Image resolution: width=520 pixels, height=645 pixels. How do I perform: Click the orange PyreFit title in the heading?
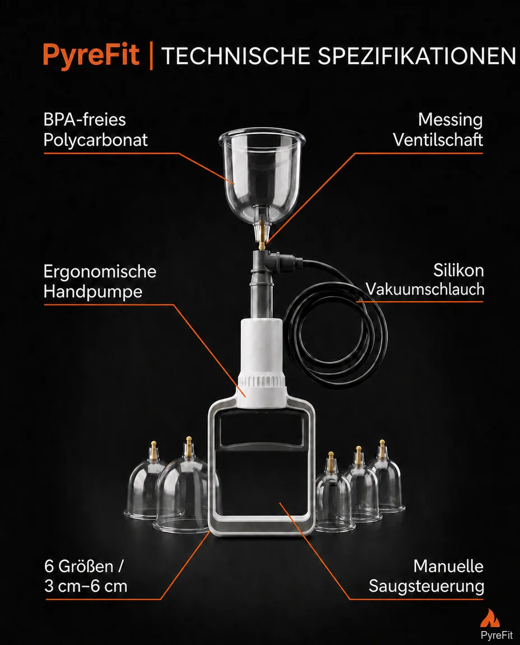click(x=91, y=55)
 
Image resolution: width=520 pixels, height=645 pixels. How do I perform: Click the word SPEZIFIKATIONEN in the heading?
click(x=417, y=56)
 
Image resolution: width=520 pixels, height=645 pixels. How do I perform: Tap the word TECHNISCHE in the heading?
click(x=235, y=56)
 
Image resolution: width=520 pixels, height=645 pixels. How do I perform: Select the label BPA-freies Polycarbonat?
click(x=95, y=130)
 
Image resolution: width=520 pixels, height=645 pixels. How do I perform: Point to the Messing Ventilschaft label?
click(x=438, y=130)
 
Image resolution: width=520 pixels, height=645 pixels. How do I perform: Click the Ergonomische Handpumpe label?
click(x=100, y=282)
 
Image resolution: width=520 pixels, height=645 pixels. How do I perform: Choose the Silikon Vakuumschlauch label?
click(x=425, y=280)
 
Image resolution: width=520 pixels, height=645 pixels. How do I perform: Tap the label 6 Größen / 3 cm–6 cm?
click(x=86, y=576)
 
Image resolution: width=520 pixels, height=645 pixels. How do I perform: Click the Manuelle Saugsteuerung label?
click(x=426, y=576)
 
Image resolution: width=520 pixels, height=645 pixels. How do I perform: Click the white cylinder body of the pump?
click(x=262, y=348)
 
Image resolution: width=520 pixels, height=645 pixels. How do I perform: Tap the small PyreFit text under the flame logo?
click(x=496, y=635)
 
